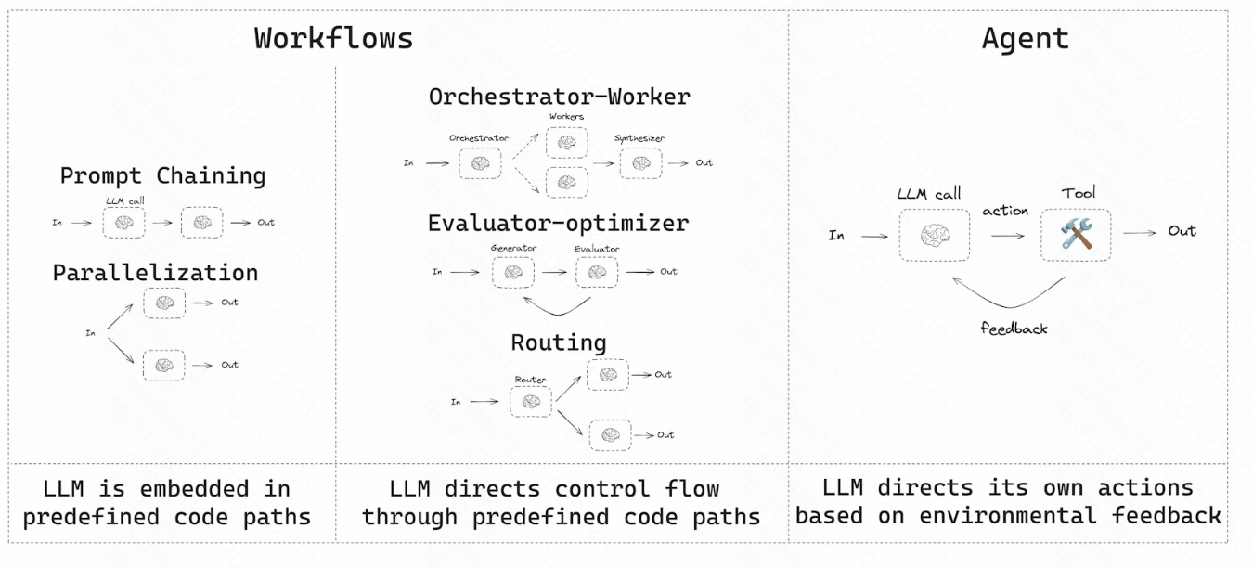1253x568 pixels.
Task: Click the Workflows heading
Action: [x=333, y=39]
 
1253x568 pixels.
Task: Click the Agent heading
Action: [x=1026, y=39]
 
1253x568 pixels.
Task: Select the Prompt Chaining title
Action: [x=162, y=175]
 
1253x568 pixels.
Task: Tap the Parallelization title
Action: [x=156, y=273]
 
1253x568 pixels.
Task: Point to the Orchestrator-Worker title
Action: [x=560, y=97]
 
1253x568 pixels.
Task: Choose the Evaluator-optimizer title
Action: [x=558, y=224]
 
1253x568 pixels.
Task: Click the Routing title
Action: [x=558, y=342]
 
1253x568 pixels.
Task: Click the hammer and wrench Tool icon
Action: [x=1077, y=234]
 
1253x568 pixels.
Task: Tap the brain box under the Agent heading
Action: [x=935, y=235]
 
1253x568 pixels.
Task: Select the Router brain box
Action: [x=531, y=402]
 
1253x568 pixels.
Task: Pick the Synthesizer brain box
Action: [x=641, y=163]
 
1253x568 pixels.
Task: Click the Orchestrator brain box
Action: [x=480, y=163]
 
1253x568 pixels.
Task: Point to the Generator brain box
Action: [x=513, y=273]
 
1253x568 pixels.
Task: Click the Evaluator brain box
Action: [x=597, y=273]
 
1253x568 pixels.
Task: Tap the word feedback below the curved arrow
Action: [x=1014, y=329]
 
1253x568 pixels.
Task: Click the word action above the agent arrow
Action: [x=1005, y=211]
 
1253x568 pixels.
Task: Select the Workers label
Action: [x=566, y=116]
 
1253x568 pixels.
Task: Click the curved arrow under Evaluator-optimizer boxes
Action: [x=558, y=314]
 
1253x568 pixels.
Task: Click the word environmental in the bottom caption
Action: [x=1007, y=515]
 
